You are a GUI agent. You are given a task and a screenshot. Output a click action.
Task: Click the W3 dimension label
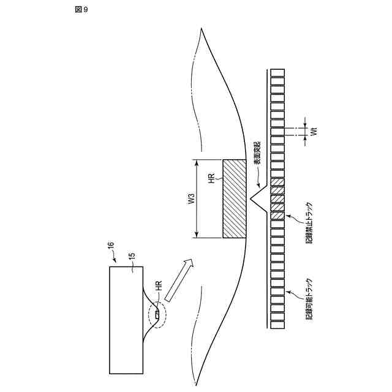(191, 199)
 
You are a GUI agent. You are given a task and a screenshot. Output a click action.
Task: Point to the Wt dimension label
(313, 133)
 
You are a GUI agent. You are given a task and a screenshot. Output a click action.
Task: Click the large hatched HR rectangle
(235, 199)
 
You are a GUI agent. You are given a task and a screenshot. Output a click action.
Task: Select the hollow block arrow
(179, 279)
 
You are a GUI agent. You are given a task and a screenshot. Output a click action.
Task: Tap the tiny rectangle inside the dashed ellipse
(157, 315)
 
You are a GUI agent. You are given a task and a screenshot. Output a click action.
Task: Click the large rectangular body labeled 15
(126, 319)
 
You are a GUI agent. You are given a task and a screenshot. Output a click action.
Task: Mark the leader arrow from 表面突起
(258, 179)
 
